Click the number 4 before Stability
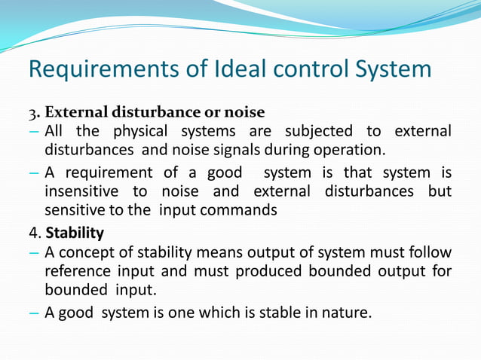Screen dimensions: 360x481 point(33,231)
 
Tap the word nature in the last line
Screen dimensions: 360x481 point(348,312)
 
